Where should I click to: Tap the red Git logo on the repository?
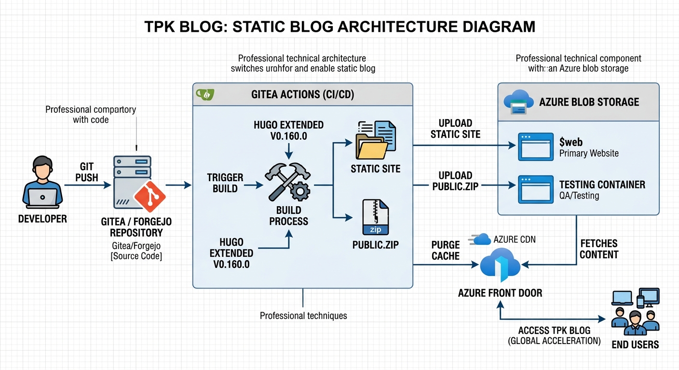(x=149, y=197)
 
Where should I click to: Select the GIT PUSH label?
(x=87, y=172)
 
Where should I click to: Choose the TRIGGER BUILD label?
(x=225, y=183)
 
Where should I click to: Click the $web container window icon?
(x=535, y=147)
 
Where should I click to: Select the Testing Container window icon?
(x=535, y=189)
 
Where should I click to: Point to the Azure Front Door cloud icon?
(x=500, y=266)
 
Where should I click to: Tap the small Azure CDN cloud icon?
(x=482, y=239)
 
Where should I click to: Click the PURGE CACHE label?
(x=446, y=251)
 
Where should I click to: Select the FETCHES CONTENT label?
(x=598, y=249)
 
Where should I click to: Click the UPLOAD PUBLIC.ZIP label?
(x=455, y=181)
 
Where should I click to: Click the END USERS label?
(x=635, y=344)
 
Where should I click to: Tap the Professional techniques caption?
(x=303, y=316)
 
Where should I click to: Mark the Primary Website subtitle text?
(x=589, y=154)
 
